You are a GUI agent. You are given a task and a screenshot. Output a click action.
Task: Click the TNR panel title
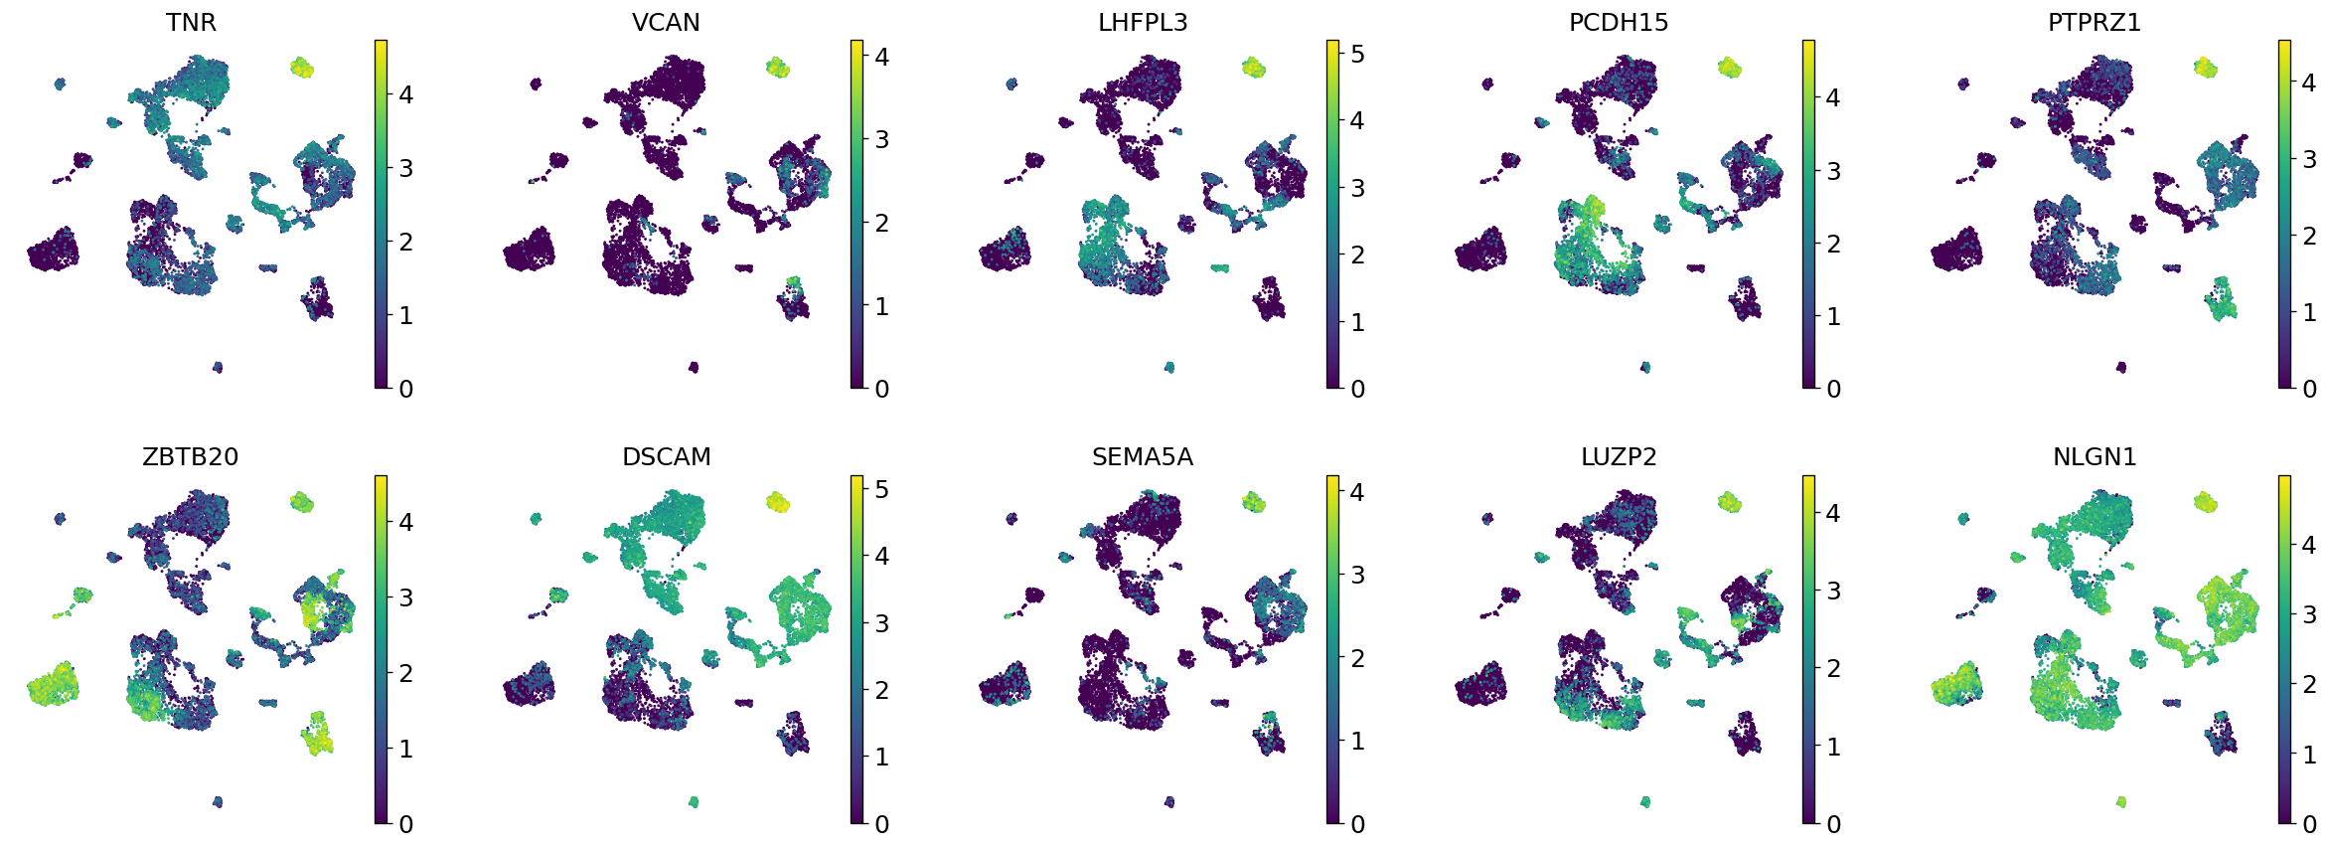coord(191,22)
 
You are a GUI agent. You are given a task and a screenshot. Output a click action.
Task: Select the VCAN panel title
coord(666,22)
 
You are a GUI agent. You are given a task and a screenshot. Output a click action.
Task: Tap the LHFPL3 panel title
coord(1143,22)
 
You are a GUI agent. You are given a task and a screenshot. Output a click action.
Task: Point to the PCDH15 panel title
coord(1619,22)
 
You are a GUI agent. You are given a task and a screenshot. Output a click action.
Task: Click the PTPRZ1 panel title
coord(2095,22)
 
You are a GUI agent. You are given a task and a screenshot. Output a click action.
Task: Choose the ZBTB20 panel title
coord(191,457)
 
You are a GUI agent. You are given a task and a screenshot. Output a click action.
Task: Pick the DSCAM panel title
coord(666,457)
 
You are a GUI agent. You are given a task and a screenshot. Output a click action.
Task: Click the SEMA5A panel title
coord(1143,457)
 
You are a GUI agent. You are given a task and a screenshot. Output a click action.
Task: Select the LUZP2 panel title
coord(1619,457)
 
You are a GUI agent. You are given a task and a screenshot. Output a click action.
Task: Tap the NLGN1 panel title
coord(2095,457)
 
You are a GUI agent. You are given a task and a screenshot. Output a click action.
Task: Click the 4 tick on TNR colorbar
coord(405,95)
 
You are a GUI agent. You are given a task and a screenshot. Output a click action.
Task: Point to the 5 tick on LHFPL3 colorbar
coord(1357,54)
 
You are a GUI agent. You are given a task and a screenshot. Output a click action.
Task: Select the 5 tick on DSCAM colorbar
coord(881,489)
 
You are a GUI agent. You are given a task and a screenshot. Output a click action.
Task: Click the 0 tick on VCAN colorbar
coord(881,389)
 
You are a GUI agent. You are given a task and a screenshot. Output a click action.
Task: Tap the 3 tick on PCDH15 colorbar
coord(1833,171)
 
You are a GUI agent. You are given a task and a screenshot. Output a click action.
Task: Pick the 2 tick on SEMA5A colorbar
coord(1357,658)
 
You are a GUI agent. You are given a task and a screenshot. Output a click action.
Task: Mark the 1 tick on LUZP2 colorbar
coord(1833,747)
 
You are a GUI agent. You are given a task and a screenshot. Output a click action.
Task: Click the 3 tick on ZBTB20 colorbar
coord(405,597)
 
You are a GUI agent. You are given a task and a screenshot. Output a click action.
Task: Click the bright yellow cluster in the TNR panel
coord(302,68)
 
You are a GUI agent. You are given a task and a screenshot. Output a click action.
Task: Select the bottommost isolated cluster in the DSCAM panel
coord(694,801)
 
